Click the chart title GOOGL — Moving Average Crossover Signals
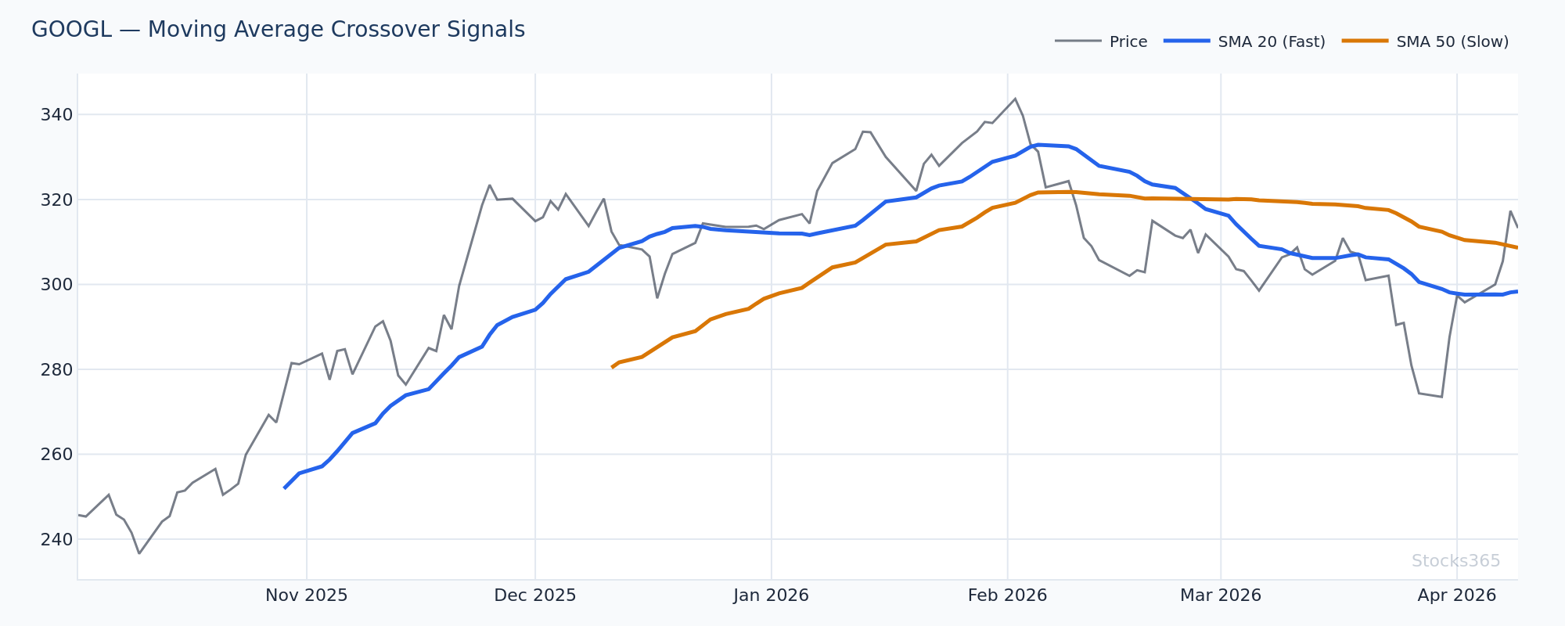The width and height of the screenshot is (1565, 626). tap(278, 30)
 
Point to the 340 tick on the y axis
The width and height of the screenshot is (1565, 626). tap(56, 115)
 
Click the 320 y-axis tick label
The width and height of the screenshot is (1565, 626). tap(56, 200)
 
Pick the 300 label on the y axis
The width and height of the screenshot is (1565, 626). tap(56, 285)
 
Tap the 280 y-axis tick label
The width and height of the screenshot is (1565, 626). tap(56, 369)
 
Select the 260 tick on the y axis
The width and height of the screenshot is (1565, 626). tap(56, 455)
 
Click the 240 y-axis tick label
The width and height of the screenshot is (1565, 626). tap(56, 539)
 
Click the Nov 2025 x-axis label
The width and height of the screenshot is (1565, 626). tap(306, 595)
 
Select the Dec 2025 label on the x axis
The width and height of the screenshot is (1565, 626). tap(534, 595)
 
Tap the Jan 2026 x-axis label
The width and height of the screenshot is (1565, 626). tap(771, 595)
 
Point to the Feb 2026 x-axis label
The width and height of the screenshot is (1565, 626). tap(1007, 595)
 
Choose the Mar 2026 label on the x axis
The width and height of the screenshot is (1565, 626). tap(1220, 595)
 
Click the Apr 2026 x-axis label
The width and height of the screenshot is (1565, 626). tap(1456, 595)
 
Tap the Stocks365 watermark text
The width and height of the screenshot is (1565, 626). tap(1455, 561)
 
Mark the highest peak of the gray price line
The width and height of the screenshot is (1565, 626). tap(1015, 99)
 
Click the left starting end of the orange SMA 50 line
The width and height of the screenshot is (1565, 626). tap(612, 367)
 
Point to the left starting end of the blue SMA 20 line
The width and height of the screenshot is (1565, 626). tap(284, 488)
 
